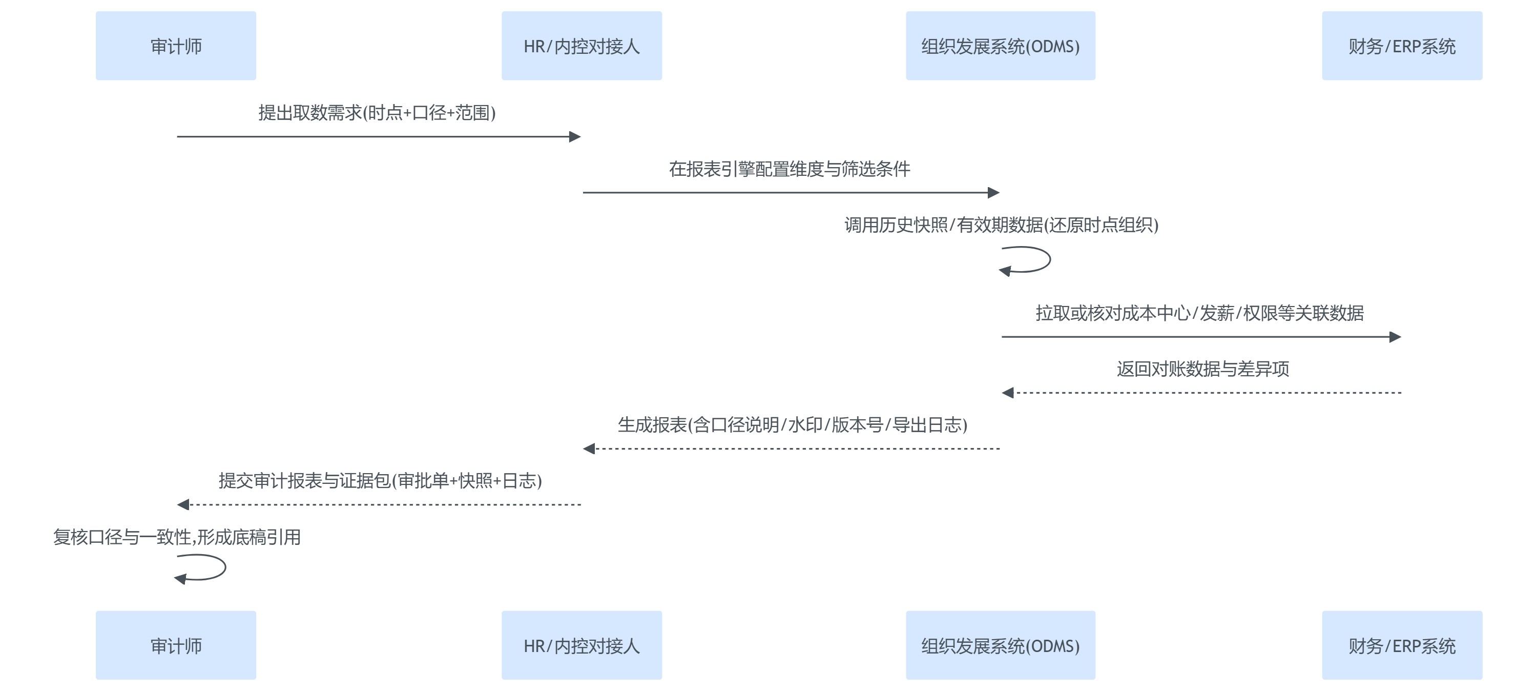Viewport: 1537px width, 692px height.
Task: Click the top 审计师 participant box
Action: [x=176, y=46]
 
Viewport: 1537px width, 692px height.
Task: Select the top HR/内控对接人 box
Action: [x=581, y=46]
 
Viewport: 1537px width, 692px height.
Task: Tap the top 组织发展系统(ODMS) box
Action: [x=1000, y=46]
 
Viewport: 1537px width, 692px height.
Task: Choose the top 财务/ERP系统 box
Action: [x=1402, y=46]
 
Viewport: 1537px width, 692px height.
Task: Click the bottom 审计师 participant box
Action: [x=176, y=645]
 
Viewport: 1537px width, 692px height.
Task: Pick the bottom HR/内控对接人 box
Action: [x=581, y=645]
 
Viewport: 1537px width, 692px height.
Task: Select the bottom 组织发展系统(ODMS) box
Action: [x=1000, y=645]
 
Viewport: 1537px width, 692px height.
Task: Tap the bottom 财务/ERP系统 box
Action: [x=1402, y=645]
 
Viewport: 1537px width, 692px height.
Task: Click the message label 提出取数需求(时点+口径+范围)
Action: [x=377, y=113]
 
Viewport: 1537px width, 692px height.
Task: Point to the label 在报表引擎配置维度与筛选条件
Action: [x=790, y=169]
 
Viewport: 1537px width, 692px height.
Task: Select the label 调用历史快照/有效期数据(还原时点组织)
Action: [x=1001, y=225]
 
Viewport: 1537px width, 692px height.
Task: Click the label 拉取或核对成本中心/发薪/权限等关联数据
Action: [x=1199, y=313]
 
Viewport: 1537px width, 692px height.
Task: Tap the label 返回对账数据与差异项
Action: [x=1202, y=369]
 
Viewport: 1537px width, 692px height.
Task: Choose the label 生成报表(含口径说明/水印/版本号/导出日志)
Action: [x=792, y=424]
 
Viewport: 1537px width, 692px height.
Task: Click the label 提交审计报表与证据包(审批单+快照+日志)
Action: [x=380, y=481]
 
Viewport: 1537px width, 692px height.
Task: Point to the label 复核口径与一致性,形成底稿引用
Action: [x=177, y=537]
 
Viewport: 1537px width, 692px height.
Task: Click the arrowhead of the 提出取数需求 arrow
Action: [x=575, y=137]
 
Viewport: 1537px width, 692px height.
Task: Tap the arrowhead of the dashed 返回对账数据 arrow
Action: [x=1008, y=393]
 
